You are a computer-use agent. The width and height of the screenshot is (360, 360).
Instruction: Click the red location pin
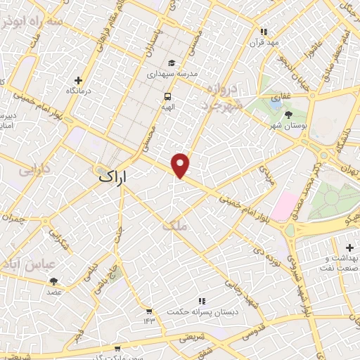coord(181,165)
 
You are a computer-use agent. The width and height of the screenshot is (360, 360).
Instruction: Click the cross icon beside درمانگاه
coord(78,80)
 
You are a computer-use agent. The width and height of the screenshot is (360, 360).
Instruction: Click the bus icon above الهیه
coord(167,96)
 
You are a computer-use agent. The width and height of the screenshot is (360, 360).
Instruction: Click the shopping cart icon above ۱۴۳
coord(149,311)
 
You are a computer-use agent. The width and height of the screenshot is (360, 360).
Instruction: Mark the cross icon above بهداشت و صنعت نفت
coord(328,241)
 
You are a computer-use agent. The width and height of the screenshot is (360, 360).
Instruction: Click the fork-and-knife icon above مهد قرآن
coord(264,31)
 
